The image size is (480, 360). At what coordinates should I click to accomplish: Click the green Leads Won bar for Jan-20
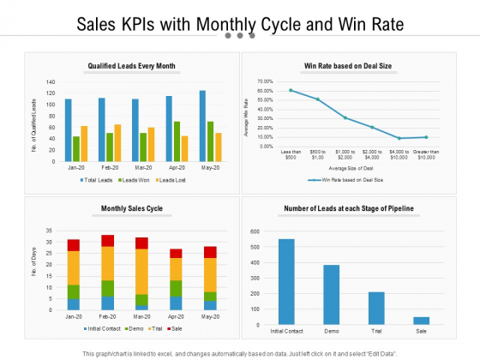pos(75,148)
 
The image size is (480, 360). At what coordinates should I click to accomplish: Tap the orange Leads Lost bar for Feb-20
pos(117,142)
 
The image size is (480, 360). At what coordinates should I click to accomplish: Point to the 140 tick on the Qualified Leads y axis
pos(50,82)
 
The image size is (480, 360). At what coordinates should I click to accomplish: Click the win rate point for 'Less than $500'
pos(291,90)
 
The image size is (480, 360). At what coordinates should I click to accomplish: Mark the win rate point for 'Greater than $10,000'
pos(426,137)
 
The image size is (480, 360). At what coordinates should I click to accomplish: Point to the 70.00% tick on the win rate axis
pos(263,81)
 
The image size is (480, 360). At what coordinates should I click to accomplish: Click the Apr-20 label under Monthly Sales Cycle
pos(176,316)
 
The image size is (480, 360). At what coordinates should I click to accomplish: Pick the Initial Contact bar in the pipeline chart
pos(285,282)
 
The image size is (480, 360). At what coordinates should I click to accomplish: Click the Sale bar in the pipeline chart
pos(420,321)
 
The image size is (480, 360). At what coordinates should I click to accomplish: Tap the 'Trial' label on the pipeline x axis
pos(375,330)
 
